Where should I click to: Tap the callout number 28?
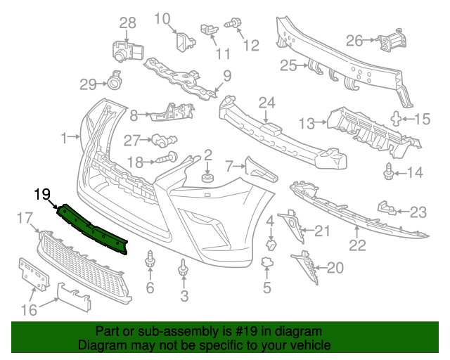pos(127,24)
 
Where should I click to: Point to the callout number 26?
pos(354,39)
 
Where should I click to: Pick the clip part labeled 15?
pos(398,119)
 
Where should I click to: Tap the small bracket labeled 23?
pos(385,207)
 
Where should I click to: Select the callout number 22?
pos(358,245)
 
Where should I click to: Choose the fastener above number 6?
pos(150,261)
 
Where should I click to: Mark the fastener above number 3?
pos(184,268)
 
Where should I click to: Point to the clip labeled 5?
pos(266,263)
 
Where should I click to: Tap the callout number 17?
pos(25,219)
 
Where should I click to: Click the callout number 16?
pos(30,310)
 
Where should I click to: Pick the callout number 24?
pos(266,103)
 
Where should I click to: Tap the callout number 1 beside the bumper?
pos(65,138)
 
